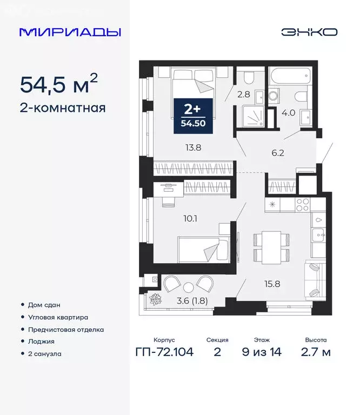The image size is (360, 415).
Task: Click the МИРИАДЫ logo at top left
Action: pyautogui.click(x=70, y=32)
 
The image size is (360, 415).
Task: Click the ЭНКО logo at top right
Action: pyautogui.click(x=309, y=32)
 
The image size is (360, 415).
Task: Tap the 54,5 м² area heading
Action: pyautogui.click(x=59, y=84)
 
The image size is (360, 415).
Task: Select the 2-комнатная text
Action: pyautogui.click(x=63, y=108)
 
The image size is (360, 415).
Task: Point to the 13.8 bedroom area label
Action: pyautogui.click(x=192, y=146)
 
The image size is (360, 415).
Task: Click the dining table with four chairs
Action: pyautogui.click(x=268, y=246)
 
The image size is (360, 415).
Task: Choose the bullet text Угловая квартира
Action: pyautogui.click(x=62, y=317)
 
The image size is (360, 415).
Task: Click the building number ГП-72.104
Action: pyautogui.click(x=164, y=353)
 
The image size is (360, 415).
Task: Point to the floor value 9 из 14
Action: pyautogui.click(x=262, y=353)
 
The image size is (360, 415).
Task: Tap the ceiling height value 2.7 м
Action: pyautogui.click(x=316, y=353)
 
